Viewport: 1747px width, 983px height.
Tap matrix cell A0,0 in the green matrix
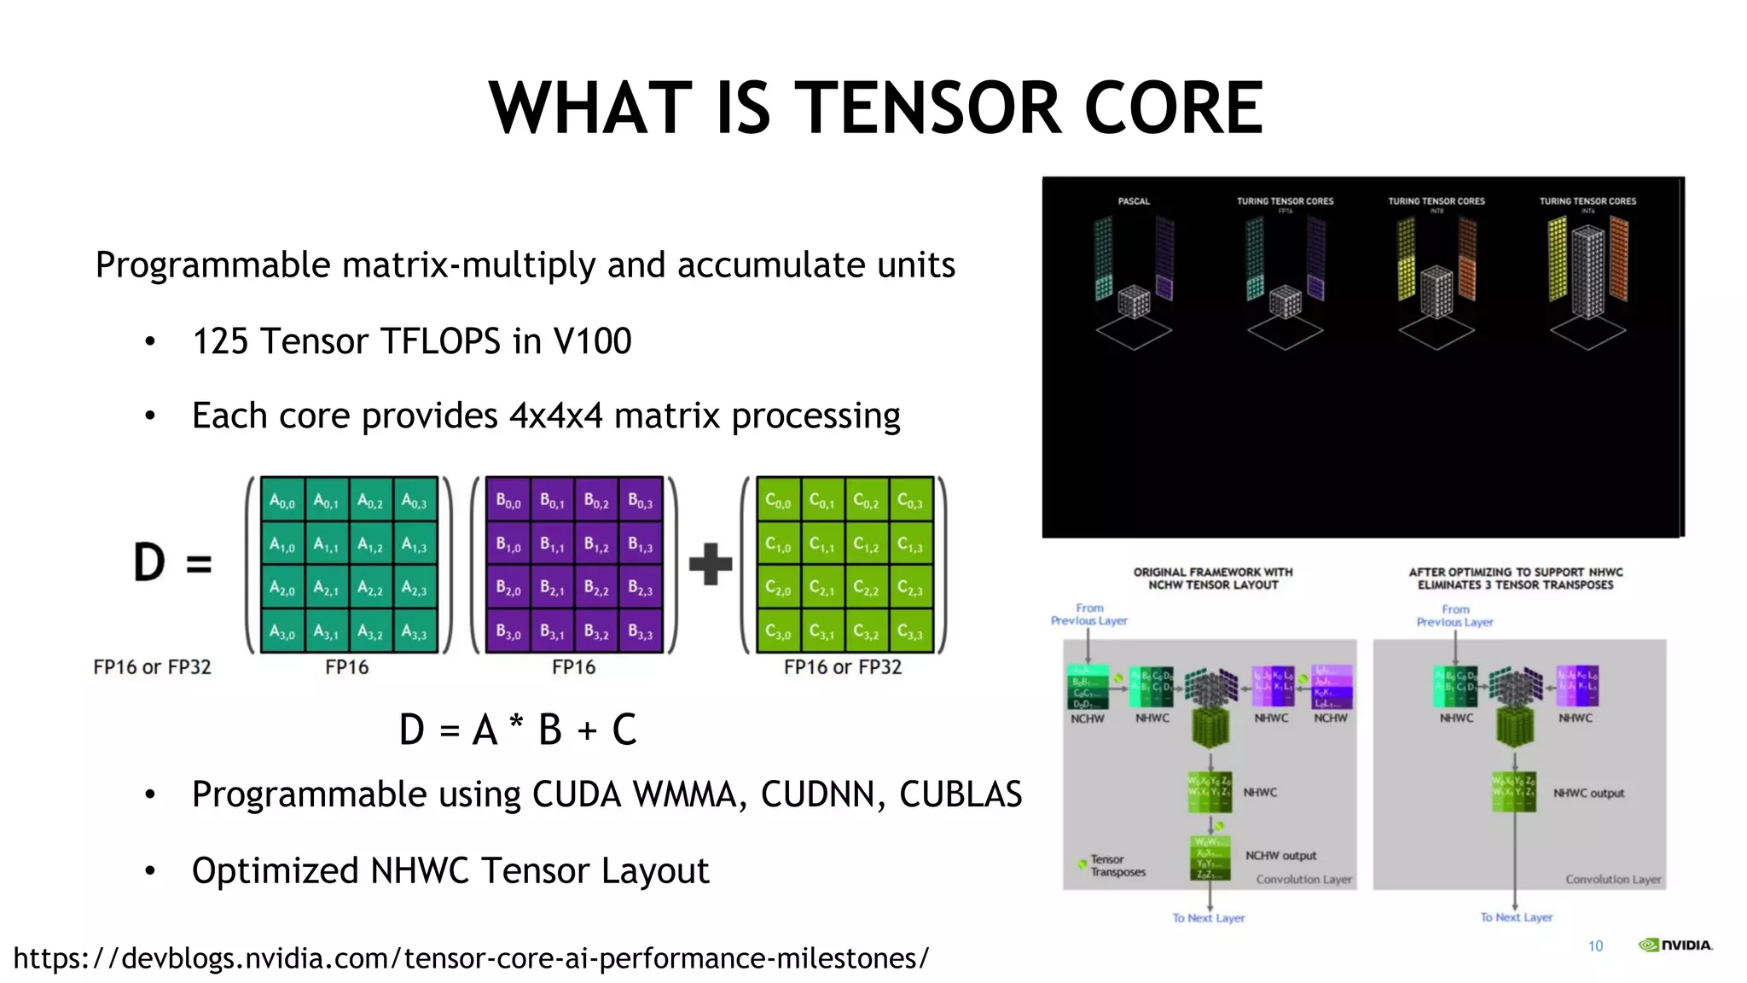[282, 502]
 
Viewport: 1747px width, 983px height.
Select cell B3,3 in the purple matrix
[640, 633]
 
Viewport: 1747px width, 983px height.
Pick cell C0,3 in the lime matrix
[910, 502]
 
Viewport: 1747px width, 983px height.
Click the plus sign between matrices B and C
[710, 564]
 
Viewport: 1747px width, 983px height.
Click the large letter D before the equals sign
[149, 562]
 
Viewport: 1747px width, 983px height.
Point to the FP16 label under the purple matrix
[573, 667]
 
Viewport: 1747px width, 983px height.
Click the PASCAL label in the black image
[1134, 201]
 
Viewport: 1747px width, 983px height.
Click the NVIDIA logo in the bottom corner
[1674, 945]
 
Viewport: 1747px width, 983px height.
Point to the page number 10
[1595, 945]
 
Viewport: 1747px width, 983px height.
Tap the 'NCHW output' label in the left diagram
[1280, 856]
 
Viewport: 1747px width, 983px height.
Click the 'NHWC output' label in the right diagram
[1588, 793]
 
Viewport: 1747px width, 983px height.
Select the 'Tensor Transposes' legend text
[1117, 865]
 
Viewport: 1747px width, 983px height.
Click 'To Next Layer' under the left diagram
[1208, 918]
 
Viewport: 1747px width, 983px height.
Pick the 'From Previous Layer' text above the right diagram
[1454, 615]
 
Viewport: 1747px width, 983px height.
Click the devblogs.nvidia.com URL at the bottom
[471, 958]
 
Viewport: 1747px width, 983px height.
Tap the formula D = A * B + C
[518, 730]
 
